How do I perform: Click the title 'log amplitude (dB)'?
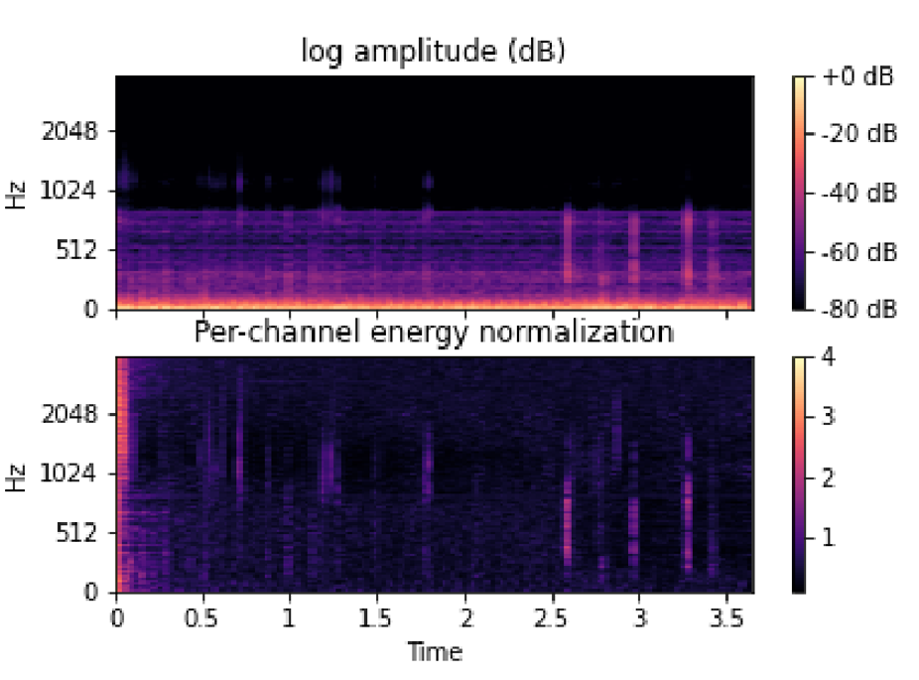point(434,52)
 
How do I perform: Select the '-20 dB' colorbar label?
point(859,134)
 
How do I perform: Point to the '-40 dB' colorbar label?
point(859,193)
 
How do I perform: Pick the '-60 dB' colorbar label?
point(859,251)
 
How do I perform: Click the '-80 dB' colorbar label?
point(859,309)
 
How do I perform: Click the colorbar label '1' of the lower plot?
point(830,539)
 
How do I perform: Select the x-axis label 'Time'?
point(435,652)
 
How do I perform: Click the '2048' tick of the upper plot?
point(68,131)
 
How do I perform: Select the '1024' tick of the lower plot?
point(68,474)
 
